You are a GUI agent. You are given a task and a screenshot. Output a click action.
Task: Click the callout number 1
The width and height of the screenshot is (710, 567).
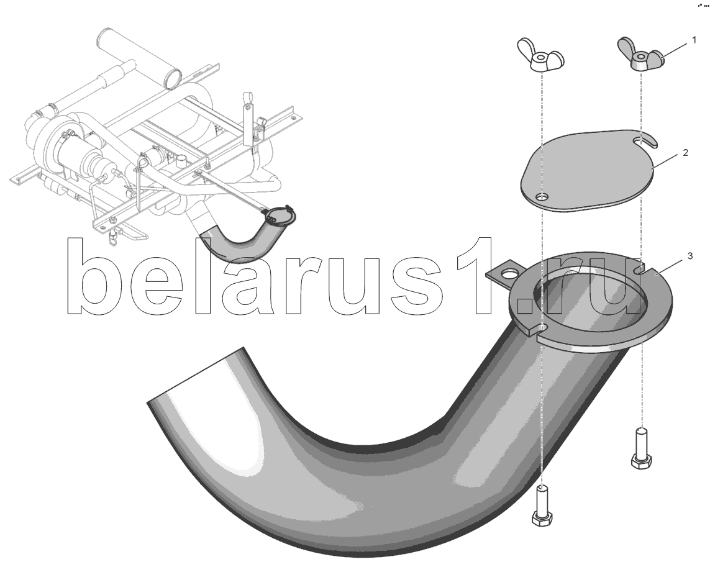click(694, 40)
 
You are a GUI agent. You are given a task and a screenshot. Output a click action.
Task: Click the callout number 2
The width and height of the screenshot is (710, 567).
click(686, 153)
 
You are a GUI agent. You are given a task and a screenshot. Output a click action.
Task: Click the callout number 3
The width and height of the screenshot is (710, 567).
click(690, 256)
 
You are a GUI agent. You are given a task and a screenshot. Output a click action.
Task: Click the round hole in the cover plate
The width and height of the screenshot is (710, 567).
click(541, 196)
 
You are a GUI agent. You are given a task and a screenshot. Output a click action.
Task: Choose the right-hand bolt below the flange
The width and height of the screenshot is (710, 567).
click(641, 449)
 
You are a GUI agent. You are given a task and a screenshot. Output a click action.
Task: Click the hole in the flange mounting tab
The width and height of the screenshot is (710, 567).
click(511, 274)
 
